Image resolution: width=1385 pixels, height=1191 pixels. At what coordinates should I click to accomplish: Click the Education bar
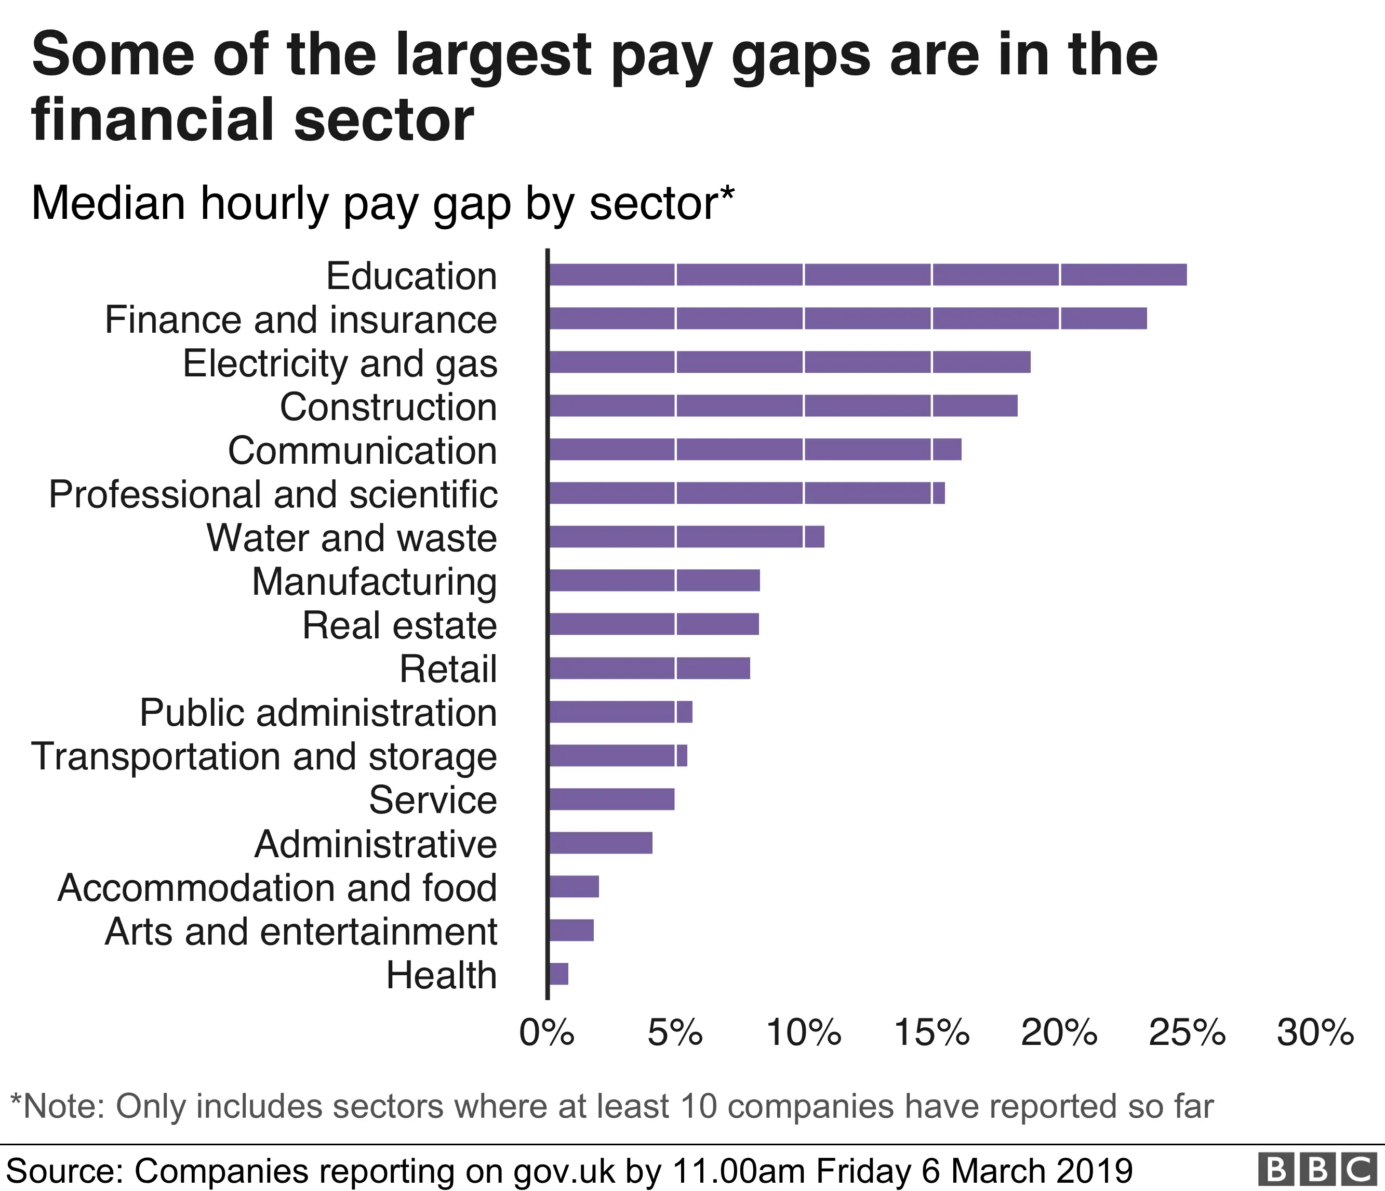point(867,275)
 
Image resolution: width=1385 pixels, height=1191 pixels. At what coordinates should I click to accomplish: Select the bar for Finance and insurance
point(847,318)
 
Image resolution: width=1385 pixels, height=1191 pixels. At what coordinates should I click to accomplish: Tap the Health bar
point(558,974)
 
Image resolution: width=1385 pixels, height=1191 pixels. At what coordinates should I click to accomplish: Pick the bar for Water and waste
point(686,537)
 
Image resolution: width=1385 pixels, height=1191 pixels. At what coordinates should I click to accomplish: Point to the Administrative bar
point(600,843)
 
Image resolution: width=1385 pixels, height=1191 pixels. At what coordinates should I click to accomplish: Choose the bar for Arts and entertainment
point(571,930)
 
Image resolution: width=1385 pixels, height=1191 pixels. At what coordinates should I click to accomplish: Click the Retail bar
point(648,668)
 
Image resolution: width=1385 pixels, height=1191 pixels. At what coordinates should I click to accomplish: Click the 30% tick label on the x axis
point(1314,1033)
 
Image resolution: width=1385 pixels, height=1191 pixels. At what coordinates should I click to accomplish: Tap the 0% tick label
point(547,1033)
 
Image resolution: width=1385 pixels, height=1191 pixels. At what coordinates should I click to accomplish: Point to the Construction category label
point(389,407)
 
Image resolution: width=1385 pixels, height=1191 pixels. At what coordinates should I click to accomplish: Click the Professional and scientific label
point(273,494)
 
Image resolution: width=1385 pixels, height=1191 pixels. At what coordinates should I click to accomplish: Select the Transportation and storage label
point(264,756)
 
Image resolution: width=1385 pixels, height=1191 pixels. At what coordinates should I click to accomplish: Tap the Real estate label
point(399,625)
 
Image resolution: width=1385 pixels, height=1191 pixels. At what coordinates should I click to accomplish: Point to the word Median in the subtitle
point(108,203)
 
